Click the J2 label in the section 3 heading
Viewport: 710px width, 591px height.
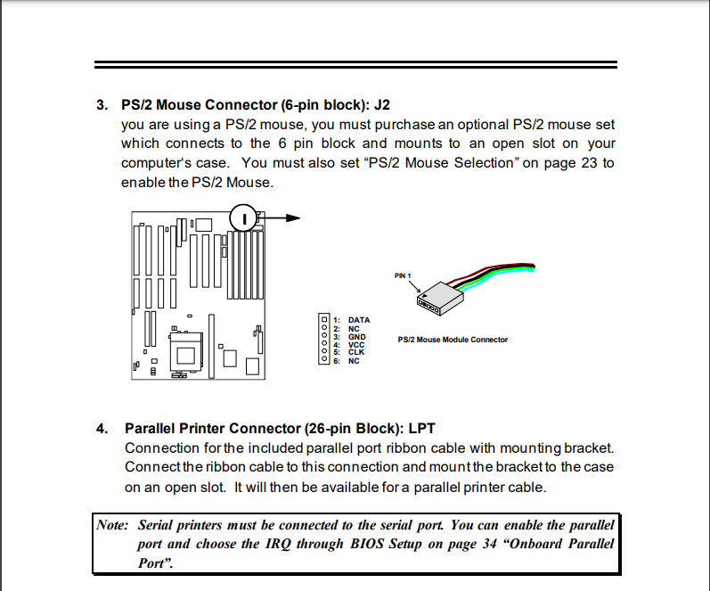[x=379, y=104]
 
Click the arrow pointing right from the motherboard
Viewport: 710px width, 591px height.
[x=285, y=218]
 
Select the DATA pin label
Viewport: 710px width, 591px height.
[x=359, y=319]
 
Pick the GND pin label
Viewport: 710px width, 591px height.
[x=356, y=336]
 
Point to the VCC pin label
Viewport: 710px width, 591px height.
[x=356, y=344]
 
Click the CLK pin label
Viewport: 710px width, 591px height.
[x=356, y=352]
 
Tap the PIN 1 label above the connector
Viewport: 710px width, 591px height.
[x=404, y=275]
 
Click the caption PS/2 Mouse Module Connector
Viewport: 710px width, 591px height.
[x=453, y=340]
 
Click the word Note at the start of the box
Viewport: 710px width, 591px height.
[x=113, y=525]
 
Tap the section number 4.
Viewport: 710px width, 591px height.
[x=102, y=428]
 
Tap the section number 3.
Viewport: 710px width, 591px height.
[x=102, y=104]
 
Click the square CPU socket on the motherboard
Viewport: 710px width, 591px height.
[x=186, y=354]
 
